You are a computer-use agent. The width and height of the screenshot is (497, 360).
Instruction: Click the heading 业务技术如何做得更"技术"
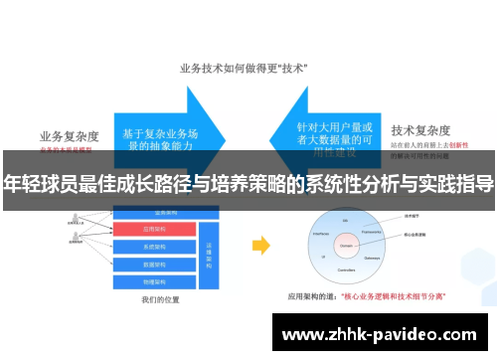[x=244, y=68]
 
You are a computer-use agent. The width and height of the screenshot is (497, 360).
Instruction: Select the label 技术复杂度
[x=422, y=130]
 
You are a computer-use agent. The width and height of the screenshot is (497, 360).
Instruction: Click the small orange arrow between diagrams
[x=260, y=245]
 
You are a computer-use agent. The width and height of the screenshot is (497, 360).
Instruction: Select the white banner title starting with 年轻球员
[x=248, y=183]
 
